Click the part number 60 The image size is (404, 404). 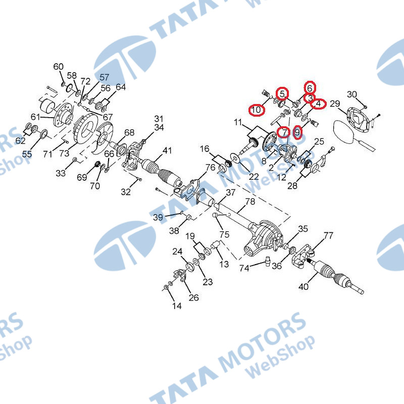coord(59,67)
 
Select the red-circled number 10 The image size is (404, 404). coord(257,109)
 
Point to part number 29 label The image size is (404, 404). coord(334,104)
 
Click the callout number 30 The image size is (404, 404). coord(352,94)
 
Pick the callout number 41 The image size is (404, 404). coord(167,150)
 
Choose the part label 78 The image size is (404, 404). coord(250,202)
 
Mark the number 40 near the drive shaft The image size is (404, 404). coord(303,287)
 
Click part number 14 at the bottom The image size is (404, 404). coord(177,306)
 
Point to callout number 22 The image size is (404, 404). coord(254,176)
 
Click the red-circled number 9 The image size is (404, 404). coord(297,132)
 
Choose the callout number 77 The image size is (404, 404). coord(328,235)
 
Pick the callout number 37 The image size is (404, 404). coord(230,192)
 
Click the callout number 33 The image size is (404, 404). coord(61,173)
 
